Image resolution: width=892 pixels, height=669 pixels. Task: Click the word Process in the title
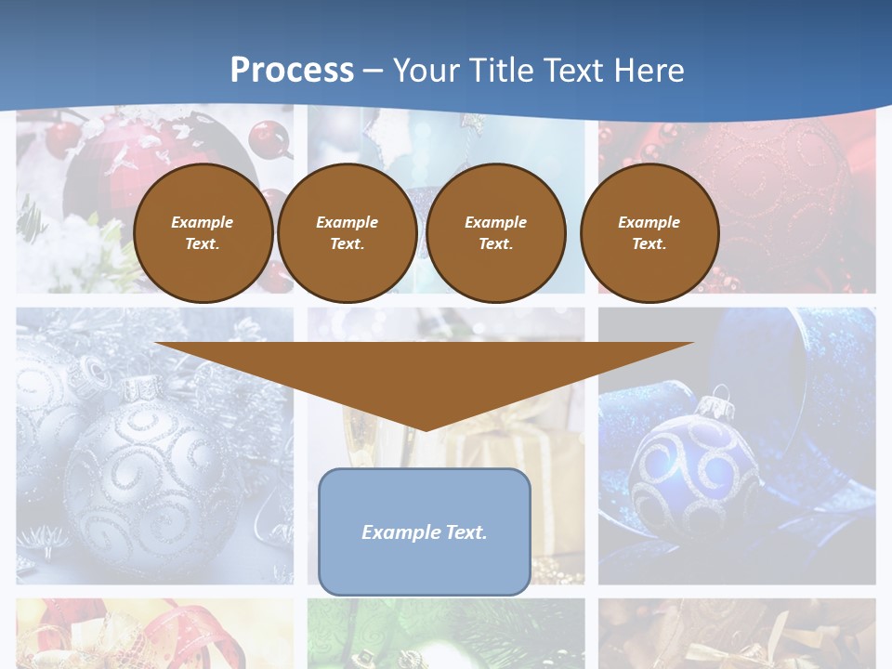(292, 71)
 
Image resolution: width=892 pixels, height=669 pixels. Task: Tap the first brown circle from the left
(203, 233)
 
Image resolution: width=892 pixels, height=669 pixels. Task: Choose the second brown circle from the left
(347, 233)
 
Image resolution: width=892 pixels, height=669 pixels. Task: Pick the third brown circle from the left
(495, 233)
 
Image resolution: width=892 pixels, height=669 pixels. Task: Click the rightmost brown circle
(649, 233)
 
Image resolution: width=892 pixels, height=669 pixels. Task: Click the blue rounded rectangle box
(424, 567)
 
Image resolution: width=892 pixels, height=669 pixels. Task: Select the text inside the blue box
(424, 532)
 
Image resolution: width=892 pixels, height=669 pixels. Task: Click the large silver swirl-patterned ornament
(149, 474)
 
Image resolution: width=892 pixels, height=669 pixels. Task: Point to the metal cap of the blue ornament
(714, 406)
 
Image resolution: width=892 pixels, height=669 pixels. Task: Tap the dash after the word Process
(373, 71)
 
